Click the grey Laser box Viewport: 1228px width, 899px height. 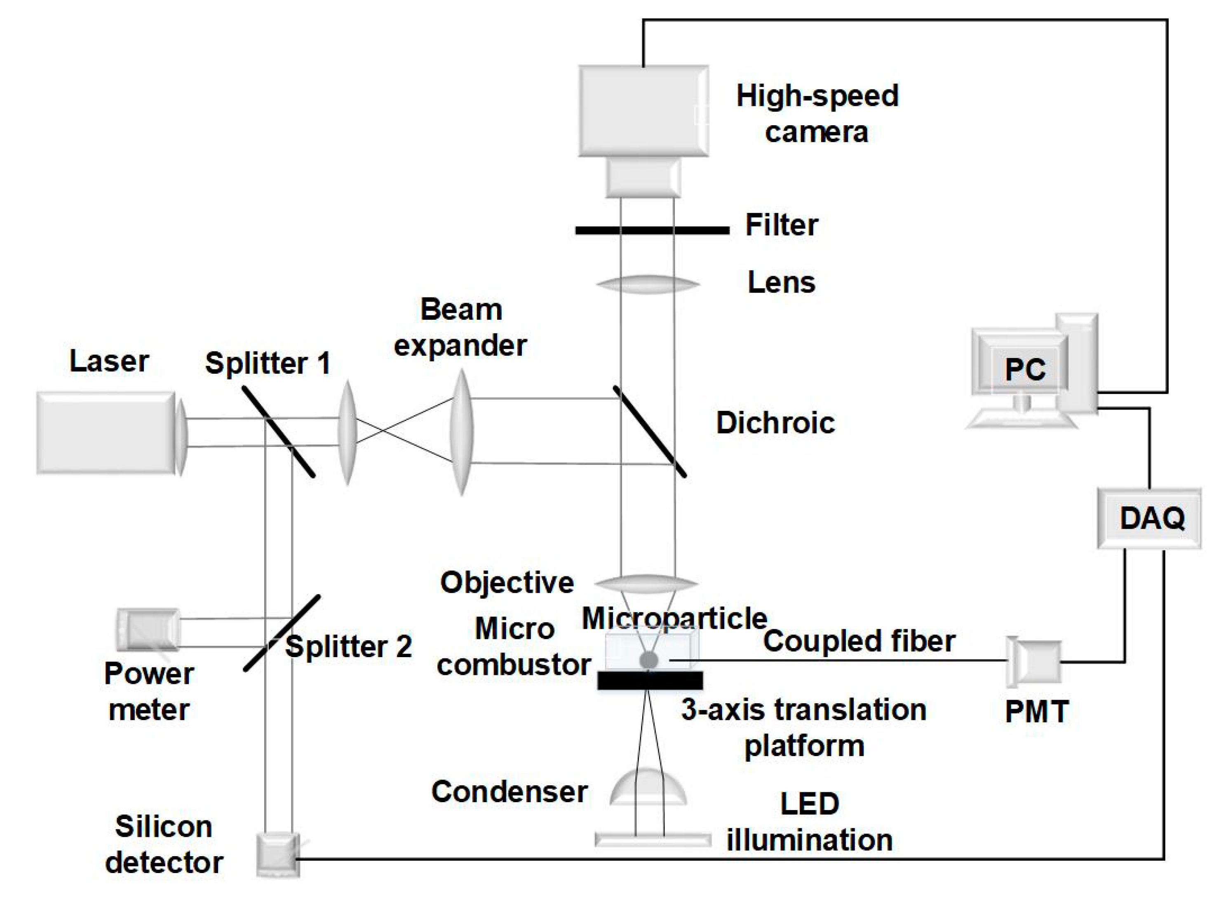pyautogui.click(x=106, y=433)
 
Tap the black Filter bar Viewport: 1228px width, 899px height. pyautogui.click(x=652, y=231)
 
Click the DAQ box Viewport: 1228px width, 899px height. pyautogui.click(x=1148, y=517)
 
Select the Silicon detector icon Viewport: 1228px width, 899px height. pyautogui.click(x=277, y=855)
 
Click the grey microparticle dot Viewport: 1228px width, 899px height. pyautogui.click(x=648, y=660)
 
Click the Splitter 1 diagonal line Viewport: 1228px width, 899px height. pyautogui.click(x=278, y=431)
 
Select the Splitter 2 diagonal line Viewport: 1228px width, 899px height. pyautogui.click(x=282, y=633)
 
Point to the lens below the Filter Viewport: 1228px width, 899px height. pyautogui.click(x=648, y=284)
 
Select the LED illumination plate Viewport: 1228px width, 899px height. pyautogui.click(x=653, y=840)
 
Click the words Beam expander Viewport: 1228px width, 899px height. pyautogui.click(x=460, y=327)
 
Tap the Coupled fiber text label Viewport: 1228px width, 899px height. pyautogui.click(x=859, y=641)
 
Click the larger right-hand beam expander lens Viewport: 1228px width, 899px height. pyautogui.click(x=462, y=433)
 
